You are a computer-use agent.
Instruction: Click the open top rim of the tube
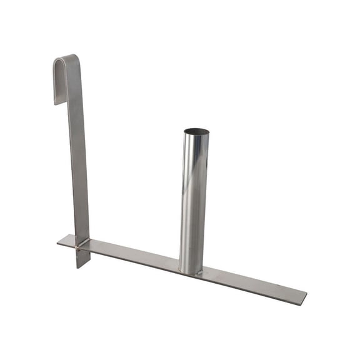196,129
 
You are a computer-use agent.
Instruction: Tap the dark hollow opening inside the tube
196,132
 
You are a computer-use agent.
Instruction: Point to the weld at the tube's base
191,272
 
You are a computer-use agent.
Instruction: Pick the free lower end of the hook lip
57,101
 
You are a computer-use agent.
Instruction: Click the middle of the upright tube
194,200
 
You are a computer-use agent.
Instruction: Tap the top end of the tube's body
196,139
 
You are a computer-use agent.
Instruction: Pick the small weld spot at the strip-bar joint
77,248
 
